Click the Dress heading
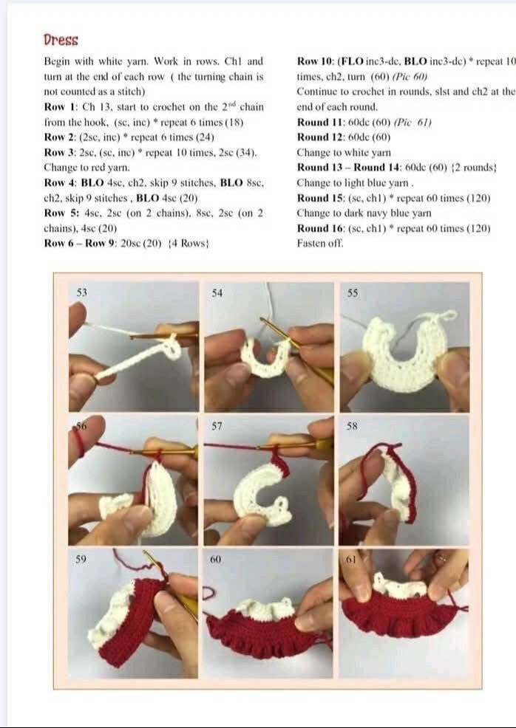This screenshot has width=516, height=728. pos(61,40)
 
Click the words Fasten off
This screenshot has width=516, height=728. pos(320,244)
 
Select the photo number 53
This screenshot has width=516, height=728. pos(81,292)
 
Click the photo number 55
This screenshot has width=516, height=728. pos(353,293)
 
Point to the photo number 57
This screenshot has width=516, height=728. pos(217,426)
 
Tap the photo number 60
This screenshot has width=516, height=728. pos(215,559)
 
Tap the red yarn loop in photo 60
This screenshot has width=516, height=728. pos(210,593)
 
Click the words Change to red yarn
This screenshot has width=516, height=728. pos(87,167)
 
